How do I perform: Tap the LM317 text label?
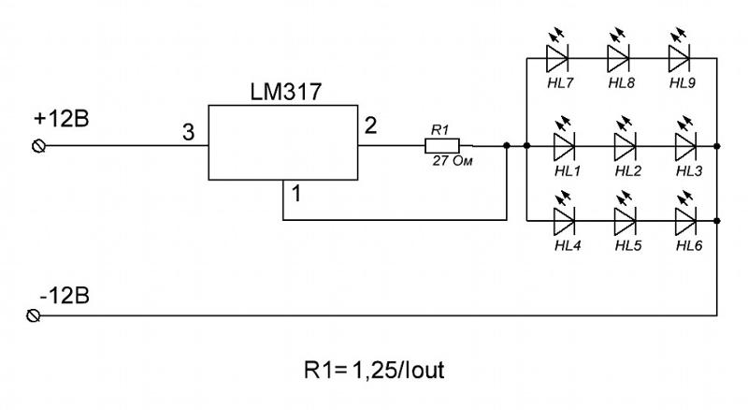286,92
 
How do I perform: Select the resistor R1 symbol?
442,146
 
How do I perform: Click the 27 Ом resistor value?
453,161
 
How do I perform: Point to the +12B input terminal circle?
38,146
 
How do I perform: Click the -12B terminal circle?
33,315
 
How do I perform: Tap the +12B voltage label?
61,119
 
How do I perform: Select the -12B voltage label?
65,297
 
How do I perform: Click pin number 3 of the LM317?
189,132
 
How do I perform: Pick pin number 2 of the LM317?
370,125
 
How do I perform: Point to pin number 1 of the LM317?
296,194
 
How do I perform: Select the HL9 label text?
683,83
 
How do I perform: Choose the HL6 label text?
689,245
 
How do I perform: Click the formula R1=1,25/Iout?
374,371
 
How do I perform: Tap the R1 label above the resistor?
439,130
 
